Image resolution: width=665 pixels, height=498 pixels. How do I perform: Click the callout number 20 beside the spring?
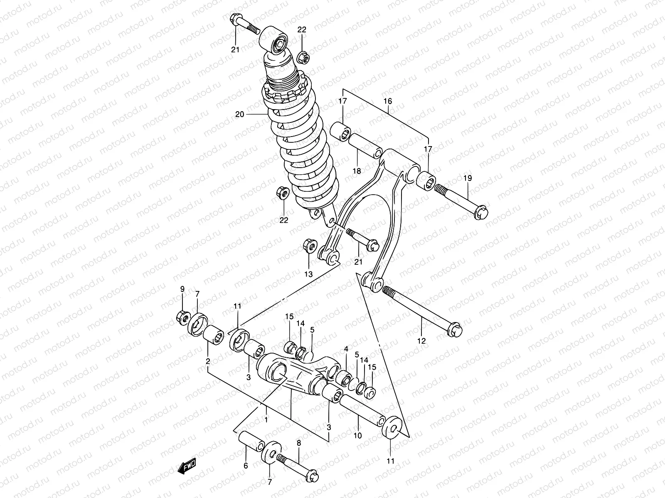pyautogui.click(x=239, y=114)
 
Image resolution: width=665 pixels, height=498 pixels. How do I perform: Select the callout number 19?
pyautogui.click(x=468, y=178)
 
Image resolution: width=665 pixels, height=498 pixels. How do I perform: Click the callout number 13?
pyautogui.click(x=308, y=274)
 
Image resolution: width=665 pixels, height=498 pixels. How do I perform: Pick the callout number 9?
pyautogui.click(x=182, y=289)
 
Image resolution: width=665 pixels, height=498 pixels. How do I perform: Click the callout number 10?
pyautogui.click(x=358, y=436)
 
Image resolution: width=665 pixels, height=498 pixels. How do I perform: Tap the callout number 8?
pyautogui.click(x=298, y=444)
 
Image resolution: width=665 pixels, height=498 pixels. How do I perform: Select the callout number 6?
pyautogui.click(x=246, y=466)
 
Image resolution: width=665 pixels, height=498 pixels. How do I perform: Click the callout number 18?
pyautogui.click(x=357, y=171)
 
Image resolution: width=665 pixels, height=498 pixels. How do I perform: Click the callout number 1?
pyautogui.click(x=265, y=420)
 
